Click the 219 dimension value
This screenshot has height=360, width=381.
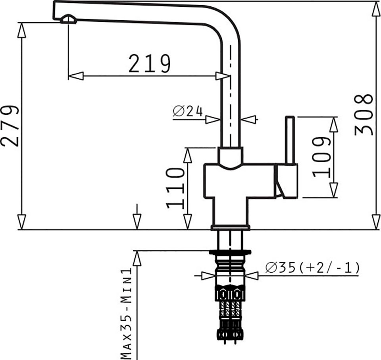[150, 64]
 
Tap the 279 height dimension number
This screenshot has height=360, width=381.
[10, 126]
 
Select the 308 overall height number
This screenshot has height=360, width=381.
[364, 114]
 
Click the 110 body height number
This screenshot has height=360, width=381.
[175, 188]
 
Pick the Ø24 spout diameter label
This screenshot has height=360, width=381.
[188, 111]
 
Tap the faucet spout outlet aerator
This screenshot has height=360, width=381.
[69, 19]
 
